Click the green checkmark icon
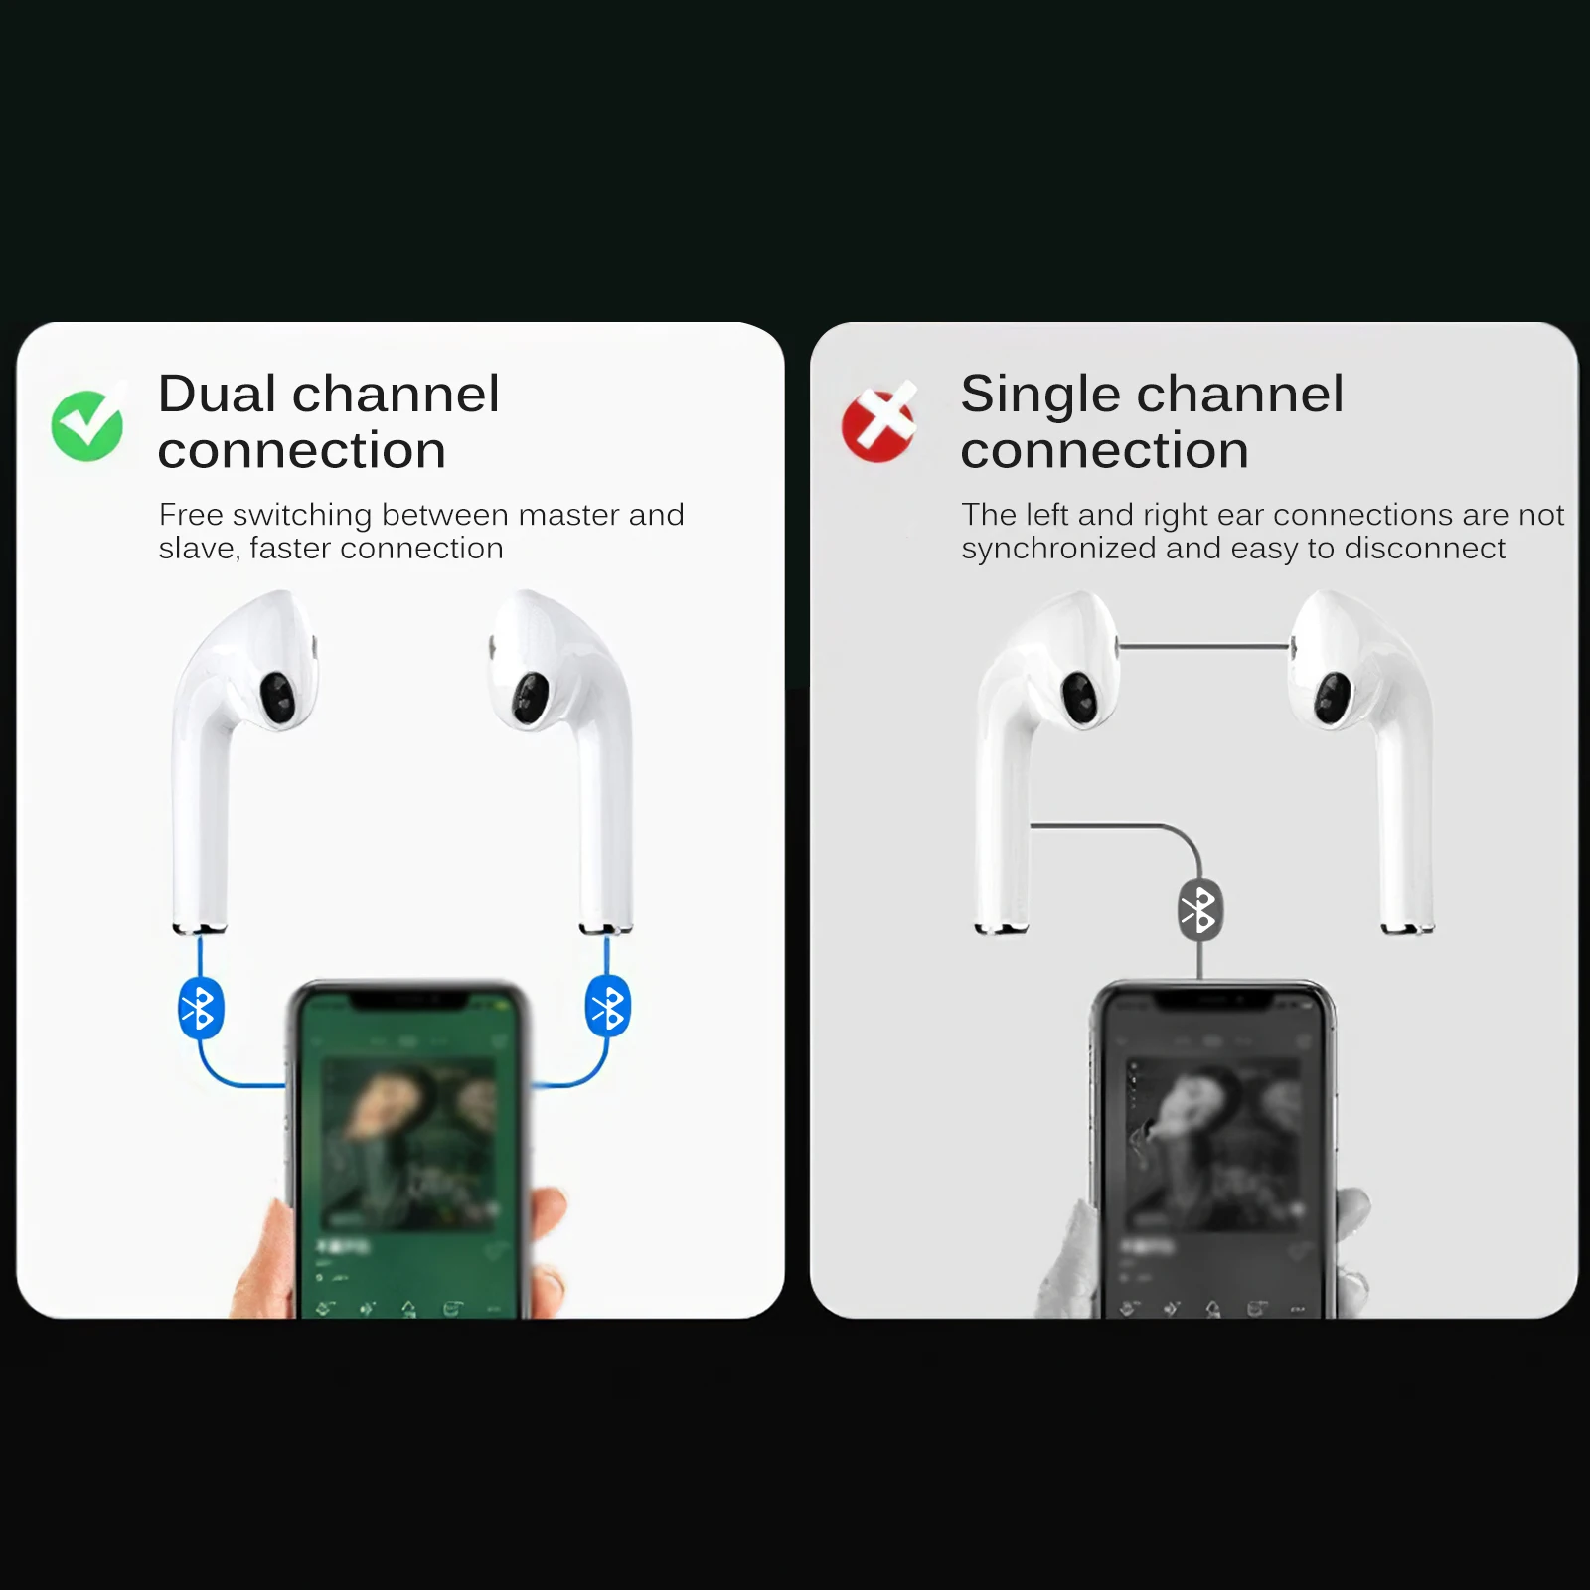[87, 425]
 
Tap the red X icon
[878, 423]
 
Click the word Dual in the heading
[217, 394]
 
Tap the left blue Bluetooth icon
[200, 1009]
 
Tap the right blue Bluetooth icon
[607, 1008]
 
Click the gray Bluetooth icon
[1199, 910]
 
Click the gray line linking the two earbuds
[1204, 647]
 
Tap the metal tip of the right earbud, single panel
[1407, 928]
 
